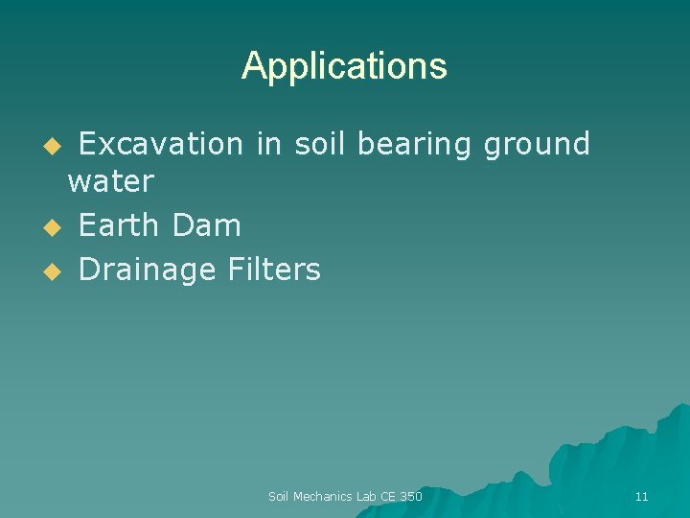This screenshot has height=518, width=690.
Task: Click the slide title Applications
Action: click(344, 66)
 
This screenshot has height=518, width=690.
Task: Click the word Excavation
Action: click(160, 145)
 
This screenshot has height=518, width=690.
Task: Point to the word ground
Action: click(537, 145)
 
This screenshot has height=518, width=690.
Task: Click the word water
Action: click(110, 181)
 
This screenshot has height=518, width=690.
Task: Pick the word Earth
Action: click(120, 226)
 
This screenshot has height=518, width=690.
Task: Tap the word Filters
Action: click(274, 271)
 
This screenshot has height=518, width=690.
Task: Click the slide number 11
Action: click(641, 497)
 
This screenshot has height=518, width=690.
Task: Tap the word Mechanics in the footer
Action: click(323, 497)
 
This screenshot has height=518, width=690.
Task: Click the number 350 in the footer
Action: click(410, 497)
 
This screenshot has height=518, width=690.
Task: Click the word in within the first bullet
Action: click(267, 145)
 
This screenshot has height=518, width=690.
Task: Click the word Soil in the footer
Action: click(278, 497)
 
